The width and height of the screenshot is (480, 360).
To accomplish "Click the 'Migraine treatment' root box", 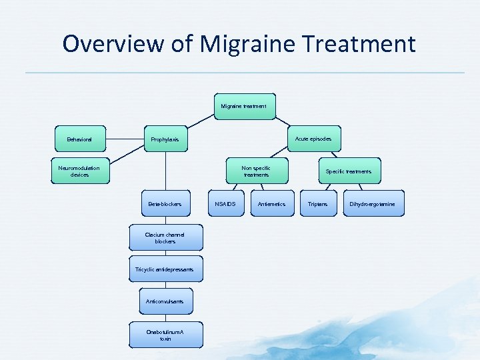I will pos(244,106).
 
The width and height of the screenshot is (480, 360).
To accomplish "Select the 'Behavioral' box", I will pos(79,139).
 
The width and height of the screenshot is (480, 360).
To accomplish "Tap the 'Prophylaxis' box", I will pos(165,139).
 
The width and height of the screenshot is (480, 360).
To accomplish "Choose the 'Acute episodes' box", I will pos(313,139).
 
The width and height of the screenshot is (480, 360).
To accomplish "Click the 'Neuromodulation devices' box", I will pos(79,171).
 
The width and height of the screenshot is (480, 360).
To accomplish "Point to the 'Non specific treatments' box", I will pos(256,171).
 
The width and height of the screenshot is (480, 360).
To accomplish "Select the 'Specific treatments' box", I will pos(349,171).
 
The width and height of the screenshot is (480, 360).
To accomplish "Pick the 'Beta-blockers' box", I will pos(165,204).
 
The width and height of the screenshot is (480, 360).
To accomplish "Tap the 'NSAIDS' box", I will pos(225,204).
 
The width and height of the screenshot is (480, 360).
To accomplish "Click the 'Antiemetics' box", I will pos(271,204).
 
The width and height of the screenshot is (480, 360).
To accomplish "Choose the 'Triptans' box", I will pos(318,204).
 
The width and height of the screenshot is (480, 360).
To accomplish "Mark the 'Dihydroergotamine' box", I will pos(372,204).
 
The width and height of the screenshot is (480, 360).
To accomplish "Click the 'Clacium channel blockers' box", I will pos(165,237).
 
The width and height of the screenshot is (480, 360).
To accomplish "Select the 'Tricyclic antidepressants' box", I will pos(165,269).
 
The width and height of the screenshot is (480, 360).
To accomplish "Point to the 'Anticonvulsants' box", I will pos(165,301).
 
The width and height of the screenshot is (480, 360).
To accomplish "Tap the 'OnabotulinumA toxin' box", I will pos(165,335).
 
